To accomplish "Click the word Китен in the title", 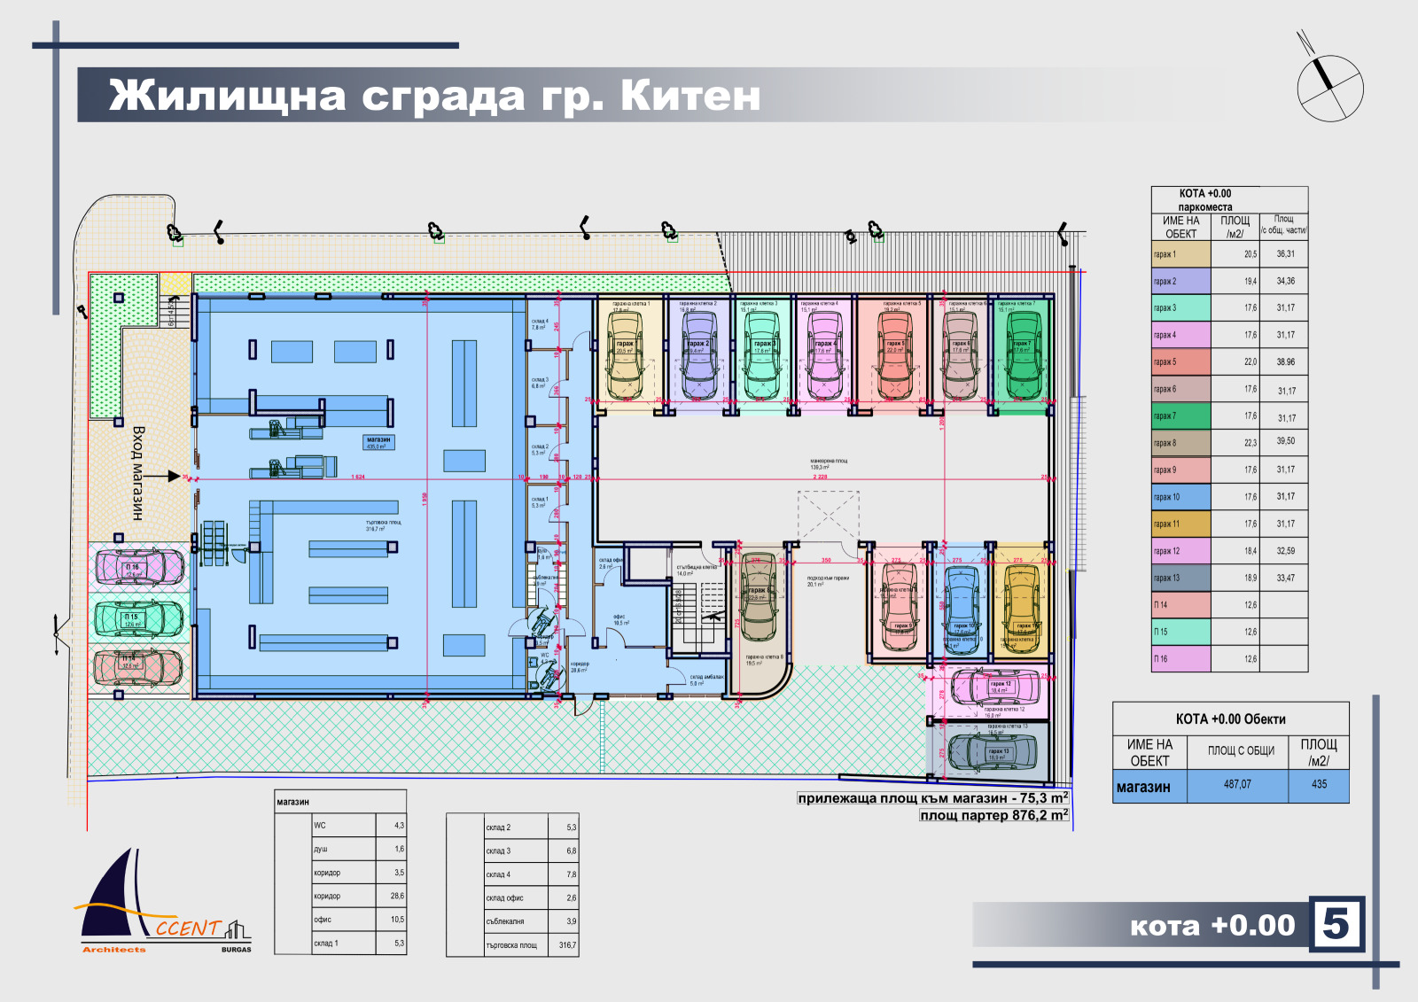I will tap(690, 96).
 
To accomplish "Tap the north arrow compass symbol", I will tap(1329, 86).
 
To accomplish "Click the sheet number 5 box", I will tap(1336, 924).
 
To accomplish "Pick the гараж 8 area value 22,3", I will tap(1250, 442).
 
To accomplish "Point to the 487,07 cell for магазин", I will tap(1237, 784).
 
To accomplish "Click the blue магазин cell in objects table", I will tap(1149, 786).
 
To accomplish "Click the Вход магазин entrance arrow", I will tap(166, 477).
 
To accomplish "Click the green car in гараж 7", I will tap(1023, 355).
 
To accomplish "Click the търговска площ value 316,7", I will tap(567, 945).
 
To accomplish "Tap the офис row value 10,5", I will tap(397, 920).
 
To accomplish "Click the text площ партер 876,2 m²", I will tap(993, 815).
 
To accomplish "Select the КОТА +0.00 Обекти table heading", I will tap(1230, 718).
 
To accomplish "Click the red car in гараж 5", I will tap(895, 356).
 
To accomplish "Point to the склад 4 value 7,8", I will tap(571, 874).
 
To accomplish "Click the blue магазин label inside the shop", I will tap(378, 441).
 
